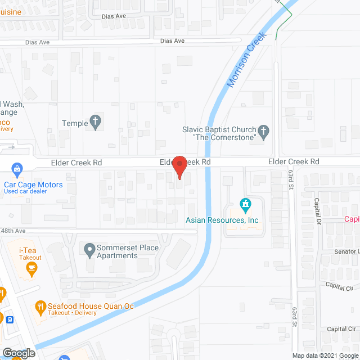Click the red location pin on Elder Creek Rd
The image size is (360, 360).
click(179, 165)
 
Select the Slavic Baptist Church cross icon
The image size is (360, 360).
click(263, 133)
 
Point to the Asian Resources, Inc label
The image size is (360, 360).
click(222, 220)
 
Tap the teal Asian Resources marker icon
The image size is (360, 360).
click(245, 204)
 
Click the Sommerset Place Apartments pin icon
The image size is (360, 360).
click(89, 248)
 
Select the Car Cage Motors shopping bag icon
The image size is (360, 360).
click(17, 168)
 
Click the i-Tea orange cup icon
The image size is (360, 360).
click(32, 268)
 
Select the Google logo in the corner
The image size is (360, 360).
click(18, 353)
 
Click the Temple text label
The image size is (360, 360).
click(75, 124)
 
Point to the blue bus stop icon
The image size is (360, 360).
click(10, 319)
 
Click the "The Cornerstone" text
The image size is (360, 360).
click(224, 137)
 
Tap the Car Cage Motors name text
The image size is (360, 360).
click(33, 184)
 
